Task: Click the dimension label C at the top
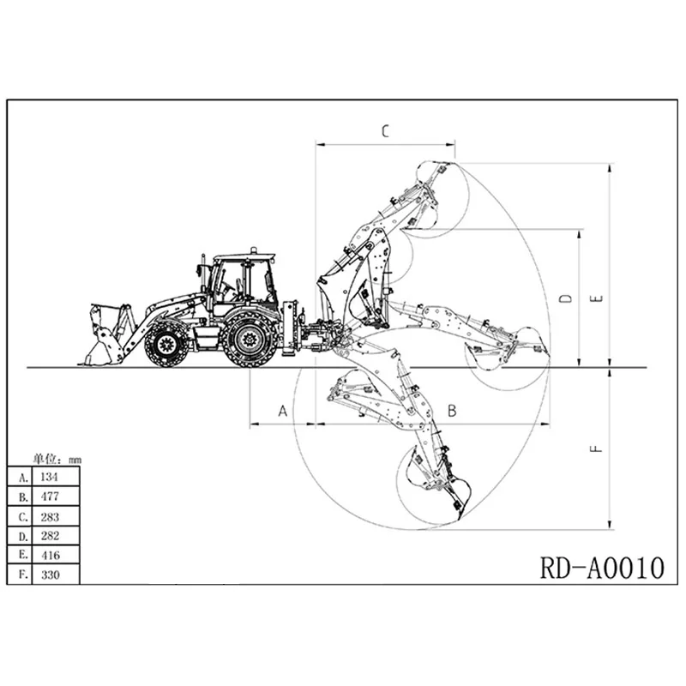click(385, 130)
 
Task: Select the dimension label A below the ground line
click(283, 411)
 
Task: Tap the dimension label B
click(452, 411)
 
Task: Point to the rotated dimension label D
click(565, 298)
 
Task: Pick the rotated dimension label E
click(598, 298)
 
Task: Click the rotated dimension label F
click(598, 448)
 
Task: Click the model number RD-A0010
click(602, 567)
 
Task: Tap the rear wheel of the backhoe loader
click(249, 340)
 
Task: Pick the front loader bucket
click(103, 334)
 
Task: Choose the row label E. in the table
click(21, 556)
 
